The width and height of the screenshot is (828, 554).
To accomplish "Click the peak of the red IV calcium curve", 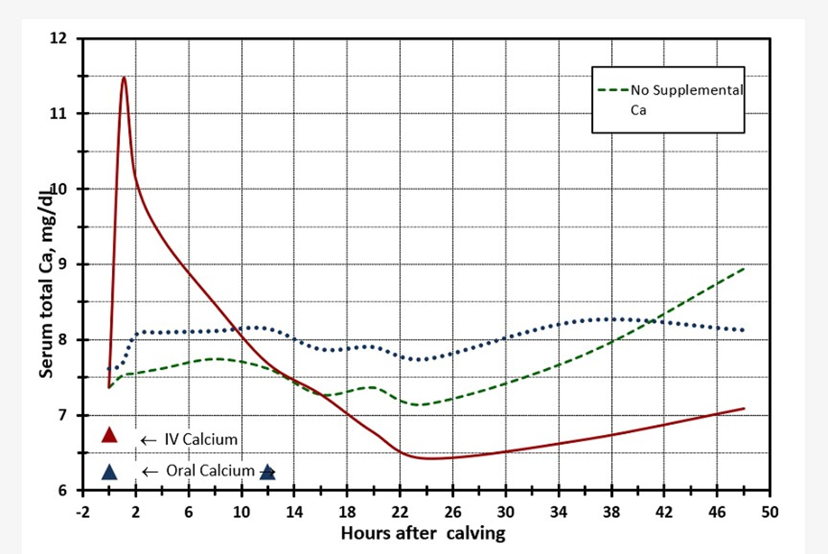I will click(x=124, y=78).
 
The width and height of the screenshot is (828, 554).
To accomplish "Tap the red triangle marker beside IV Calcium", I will click(x=109, y=435).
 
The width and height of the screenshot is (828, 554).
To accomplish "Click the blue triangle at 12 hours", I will click(x=267, y=472).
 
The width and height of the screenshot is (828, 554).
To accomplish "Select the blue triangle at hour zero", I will click(x=109, y=472).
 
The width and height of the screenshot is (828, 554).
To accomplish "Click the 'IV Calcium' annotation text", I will click(x=201, y=440).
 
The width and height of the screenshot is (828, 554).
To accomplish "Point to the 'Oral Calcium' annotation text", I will click(x=210, y=471).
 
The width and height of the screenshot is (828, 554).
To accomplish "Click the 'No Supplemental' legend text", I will click(x=687, y=90).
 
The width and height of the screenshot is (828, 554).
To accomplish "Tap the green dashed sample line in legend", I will click(x=613, y=90).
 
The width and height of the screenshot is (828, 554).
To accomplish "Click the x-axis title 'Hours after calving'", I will click(x=423, y=534).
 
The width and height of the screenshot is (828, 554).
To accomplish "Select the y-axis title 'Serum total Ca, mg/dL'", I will click(x=46, y=280).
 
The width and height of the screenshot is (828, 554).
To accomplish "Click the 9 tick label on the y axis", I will click(x=63, y=264).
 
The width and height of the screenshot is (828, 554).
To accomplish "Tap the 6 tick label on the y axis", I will click(x=63, y=491).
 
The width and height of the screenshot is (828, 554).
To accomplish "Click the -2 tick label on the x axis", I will click(x=82, y=512).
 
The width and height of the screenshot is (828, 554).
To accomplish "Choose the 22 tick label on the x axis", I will click(x=400, y=512).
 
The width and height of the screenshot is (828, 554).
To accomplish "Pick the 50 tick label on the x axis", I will click(x=770, y=512).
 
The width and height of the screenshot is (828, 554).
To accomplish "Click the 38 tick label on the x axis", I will click(x=611, y=512).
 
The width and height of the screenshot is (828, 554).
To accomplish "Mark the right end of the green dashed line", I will click(x=744, y=269).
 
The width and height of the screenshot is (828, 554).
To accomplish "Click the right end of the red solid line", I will click(x=744, y=408).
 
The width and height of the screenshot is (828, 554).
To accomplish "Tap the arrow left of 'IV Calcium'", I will click(x=148, y=441).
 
